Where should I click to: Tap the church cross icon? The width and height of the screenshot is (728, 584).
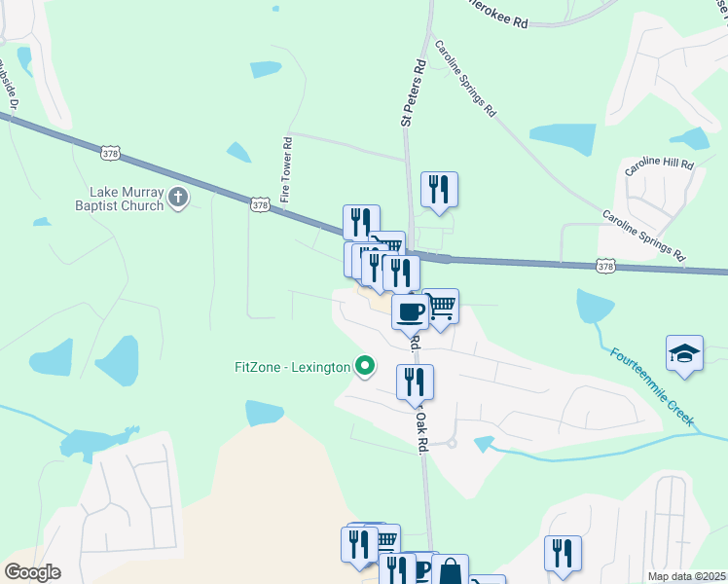tap(177, 199)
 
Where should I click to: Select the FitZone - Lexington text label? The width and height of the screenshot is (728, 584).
tap(292, 367)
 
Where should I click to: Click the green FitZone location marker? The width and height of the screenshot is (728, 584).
tap(365, 367)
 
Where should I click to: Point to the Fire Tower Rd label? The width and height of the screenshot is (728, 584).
tap(286, 169)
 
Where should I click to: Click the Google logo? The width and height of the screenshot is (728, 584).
tap(32, 572)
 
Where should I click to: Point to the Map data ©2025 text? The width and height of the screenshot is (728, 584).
tap(686, 576)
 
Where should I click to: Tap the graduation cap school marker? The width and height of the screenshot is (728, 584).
tap(684, 353)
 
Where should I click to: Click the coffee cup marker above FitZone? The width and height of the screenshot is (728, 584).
tap(410, 311)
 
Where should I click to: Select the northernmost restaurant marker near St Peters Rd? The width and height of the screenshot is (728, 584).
tap(439, 189)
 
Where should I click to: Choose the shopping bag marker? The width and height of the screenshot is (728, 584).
tap(451, 570)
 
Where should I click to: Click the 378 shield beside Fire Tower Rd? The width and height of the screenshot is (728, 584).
tap(259, 205)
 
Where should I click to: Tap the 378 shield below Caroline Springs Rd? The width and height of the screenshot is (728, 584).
tap(605, 265)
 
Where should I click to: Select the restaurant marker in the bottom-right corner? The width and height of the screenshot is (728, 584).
tap(563, 553)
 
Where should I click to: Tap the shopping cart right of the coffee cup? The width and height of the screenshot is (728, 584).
tap(441, 308)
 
